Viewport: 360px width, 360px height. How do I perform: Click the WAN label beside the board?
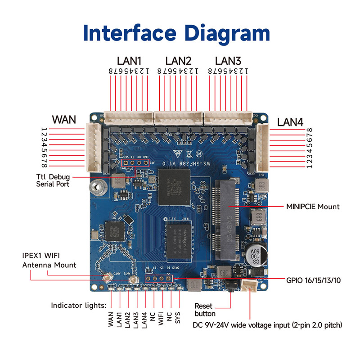pyautogui.click(x=64, y=120)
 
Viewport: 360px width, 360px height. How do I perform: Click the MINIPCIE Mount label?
pyautogui.click(x=313, y=207)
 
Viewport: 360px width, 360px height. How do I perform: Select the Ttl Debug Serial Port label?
pyautogui.click(x=53, y=180)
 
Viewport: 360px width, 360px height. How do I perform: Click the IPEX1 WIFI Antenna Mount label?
pyautogui.click(x=49, y=261)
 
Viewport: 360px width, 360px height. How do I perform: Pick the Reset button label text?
pyautogui.click(x=205, y=310)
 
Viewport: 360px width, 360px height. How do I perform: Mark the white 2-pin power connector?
pyautogui.click(x=248, y=286)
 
